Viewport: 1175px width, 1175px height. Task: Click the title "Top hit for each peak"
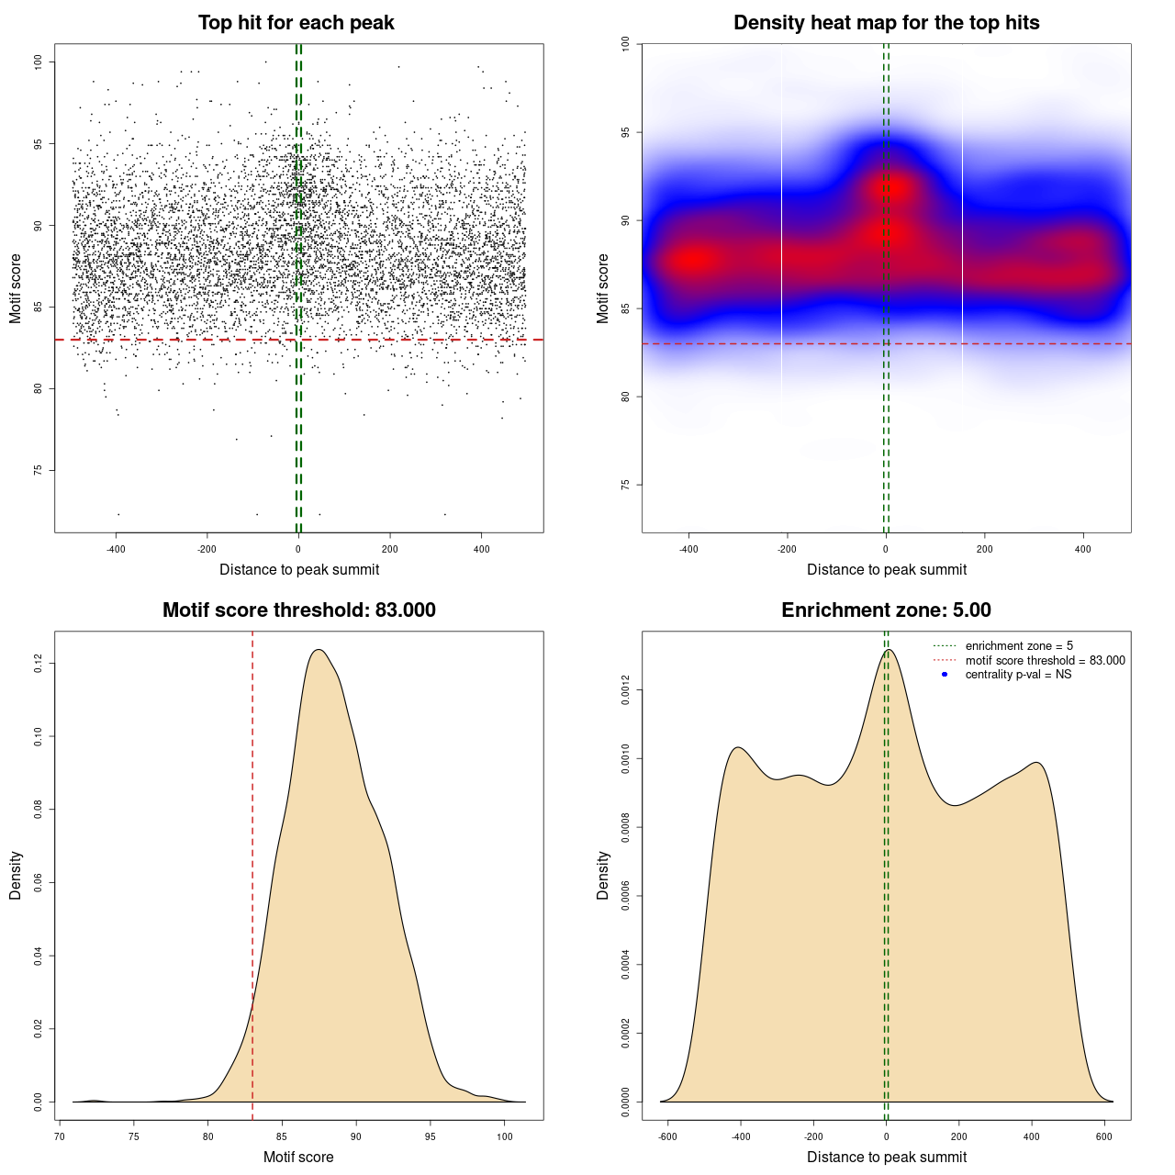(x=296, y=23)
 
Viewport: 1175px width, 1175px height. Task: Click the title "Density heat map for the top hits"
(x=886, y=23)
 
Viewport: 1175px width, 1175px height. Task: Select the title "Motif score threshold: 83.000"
(x=298, y=610)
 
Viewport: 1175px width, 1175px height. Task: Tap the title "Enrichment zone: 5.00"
(x=886, y=610)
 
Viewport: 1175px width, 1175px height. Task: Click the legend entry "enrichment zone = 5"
(x=1019, y=646)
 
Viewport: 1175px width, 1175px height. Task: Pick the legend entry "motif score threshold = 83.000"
(x=1045, y=661)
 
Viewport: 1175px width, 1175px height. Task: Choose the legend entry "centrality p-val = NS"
(x=1018, y=675)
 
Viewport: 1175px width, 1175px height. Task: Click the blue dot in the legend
(x=945, y=675)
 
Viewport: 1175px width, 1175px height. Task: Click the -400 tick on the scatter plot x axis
(x=116, y=549)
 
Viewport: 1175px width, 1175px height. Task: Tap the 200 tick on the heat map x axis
(x=985, y=549)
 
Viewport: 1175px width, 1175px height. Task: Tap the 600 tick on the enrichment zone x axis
(x=1104, y=1136)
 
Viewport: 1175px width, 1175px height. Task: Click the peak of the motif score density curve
(x=319, y=650)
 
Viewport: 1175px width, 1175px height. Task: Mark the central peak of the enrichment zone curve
(x=888, y=650)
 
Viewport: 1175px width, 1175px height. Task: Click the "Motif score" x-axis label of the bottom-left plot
(x=298, y=1157)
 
